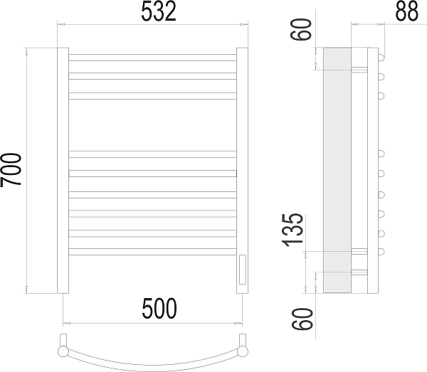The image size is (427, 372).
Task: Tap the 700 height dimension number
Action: pos(12,170)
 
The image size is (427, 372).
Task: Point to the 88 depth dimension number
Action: pos(408,12)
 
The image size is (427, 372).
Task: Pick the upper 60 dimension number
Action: pos(305,31)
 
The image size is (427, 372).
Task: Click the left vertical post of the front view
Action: pos(63,171)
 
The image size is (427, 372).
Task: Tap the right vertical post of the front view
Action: pos(242,171)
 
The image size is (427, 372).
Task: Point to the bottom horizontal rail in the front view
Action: pos(152,250)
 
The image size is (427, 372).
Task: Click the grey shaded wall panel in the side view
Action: pos(337,171)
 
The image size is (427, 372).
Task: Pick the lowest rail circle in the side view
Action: pos(381,250)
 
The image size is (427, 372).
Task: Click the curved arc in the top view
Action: pos(152,359)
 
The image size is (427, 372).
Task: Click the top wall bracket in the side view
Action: pos(359,69)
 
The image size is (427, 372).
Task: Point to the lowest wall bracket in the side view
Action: pos(359,272)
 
